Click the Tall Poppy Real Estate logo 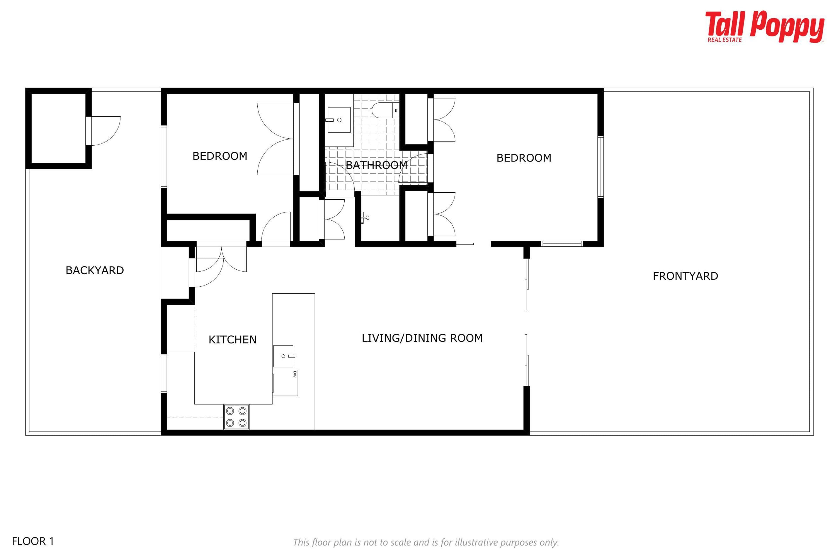tap(765, 27)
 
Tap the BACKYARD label tap(95, 270)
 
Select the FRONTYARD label tap(685, 276)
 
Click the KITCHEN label tap(232, 340)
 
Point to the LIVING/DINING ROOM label tap(422, 338)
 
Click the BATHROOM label tap(376, 165)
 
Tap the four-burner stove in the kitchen tap(236, 417)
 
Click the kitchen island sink tap(284, 356)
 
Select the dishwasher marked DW tap(285, 383)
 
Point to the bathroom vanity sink tap(339, 120)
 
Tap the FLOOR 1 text tap(33, 541)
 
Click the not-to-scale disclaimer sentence tap(426, 542)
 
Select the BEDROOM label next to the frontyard tap(524, 158)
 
